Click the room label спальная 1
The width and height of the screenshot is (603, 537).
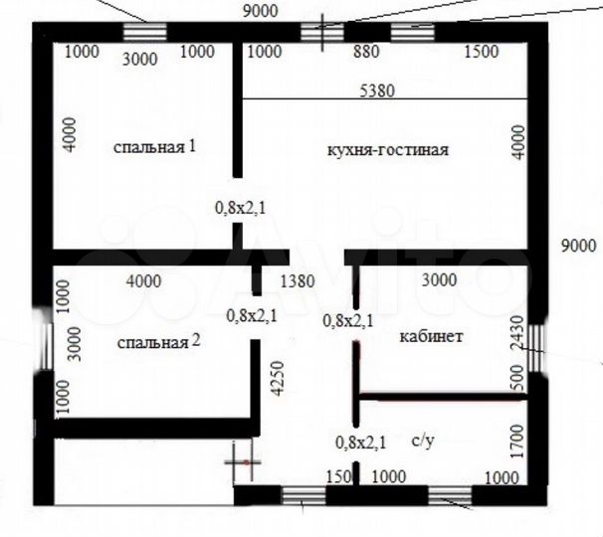click(x=154, y=147)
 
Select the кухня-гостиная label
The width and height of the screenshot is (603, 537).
click(x=388, y=151)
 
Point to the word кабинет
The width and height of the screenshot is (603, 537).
click(x=431, y=337)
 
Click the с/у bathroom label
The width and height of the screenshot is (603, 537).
click(x=421, y=441)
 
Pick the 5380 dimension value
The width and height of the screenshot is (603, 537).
click(x=377, y=90)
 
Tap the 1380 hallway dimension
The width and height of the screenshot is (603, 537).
click(x=298, y=281)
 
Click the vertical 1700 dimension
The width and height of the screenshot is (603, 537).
click(x=515, y=439)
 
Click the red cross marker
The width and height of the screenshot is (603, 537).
click(x=243, y=461)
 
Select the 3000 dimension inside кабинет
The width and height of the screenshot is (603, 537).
click(x=440, y=280)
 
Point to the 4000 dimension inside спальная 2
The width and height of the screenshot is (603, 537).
click(x=143, y=280)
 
